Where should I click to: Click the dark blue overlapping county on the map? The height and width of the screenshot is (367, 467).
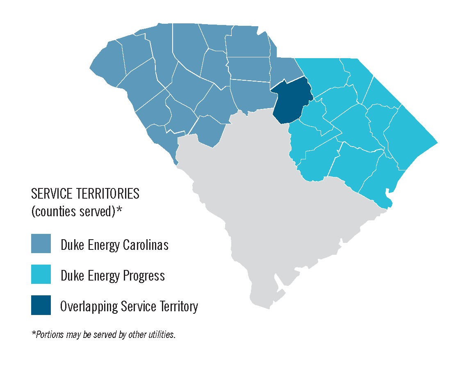click(292, 102)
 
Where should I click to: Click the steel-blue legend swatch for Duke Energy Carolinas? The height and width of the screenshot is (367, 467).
click(41, 244)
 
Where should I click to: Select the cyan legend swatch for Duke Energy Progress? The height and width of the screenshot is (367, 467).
click(41, 274)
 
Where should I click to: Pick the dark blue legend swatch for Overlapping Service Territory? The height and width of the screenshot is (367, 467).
click(41, 305)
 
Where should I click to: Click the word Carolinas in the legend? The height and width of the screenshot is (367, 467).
click(146, 245)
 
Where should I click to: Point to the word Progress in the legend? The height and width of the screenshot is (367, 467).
click(144, 276)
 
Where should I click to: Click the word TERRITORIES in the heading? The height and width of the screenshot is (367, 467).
click(108, 193)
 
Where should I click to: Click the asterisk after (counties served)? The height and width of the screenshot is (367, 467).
click(120, 210)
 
